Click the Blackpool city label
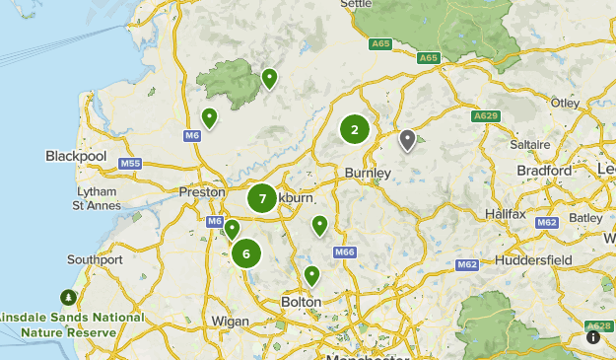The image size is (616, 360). (76, 156)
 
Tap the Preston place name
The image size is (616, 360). (201, 192)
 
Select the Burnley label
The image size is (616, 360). (368, 173)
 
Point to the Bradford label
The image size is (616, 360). (544, 171)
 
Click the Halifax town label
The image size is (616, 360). (507, 214)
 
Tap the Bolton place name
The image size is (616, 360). (301, 301)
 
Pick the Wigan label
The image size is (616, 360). (230, 321)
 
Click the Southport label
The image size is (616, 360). (95, 259)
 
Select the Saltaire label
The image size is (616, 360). (530, 144)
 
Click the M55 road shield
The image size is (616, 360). (130, 163)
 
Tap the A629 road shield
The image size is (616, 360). (485, 115)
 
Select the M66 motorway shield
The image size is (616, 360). (344, 252)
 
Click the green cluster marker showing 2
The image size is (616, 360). (355, 129)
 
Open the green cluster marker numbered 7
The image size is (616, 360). (262, 198)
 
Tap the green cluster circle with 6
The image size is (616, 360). (245, 253)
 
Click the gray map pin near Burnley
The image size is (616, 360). (407, 140)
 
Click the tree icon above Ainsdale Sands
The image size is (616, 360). (68, 296)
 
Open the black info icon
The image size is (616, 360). (593, 337)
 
